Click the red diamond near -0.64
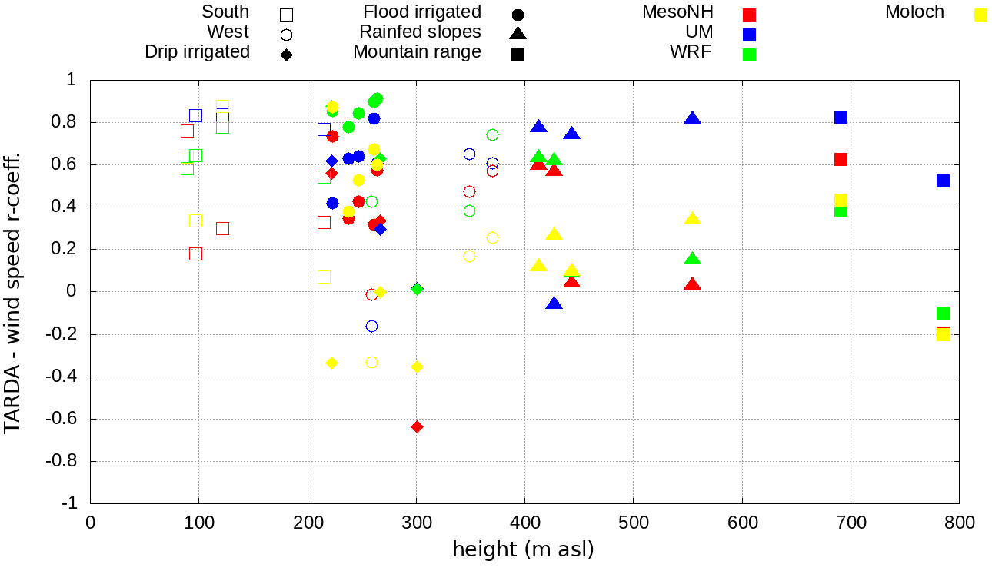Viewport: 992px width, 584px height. (417, 426)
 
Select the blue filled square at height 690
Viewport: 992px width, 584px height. (841, 117)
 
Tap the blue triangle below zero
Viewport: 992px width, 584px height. (554, 304)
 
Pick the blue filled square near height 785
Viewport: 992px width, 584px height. (943, 181)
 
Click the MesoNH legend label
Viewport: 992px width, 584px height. (677, 12)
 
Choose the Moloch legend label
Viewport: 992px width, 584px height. (914, 12)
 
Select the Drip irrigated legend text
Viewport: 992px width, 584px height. (197, 52)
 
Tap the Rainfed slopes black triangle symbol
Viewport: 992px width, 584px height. (518, 33)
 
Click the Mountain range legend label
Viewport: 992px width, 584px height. (417, 52)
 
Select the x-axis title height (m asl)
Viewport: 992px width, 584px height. (523, 550)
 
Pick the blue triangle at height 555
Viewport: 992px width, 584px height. (692, 118)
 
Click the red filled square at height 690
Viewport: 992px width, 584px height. (841, 159)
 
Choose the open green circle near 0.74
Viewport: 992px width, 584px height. (492, 135)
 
